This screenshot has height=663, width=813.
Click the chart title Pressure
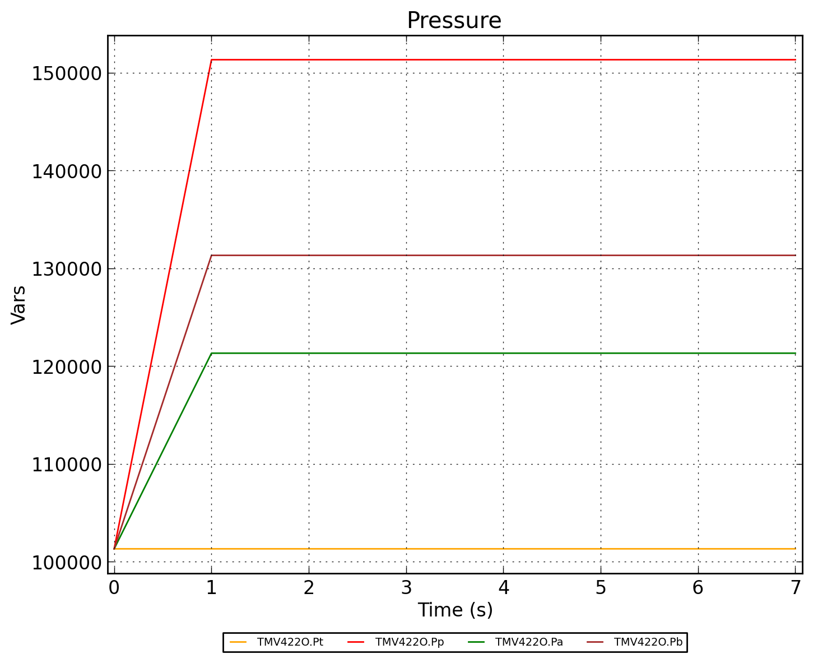click(x=454, y=21)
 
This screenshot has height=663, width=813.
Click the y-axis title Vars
click(x=18, y=304)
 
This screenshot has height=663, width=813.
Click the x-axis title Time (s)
click(x=455, y=610)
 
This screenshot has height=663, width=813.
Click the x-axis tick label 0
click(x=114, y=588)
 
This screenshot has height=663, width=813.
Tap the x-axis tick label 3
click(x=406, y=588)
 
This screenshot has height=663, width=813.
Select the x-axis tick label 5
click(x=601, y=588)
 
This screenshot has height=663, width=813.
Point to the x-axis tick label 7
click(x=795, y=588)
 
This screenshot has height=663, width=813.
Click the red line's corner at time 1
click(x=211, y=59)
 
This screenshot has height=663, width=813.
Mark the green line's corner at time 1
click(x=211, y=353)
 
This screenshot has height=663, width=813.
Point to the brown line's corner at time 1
click(x=211, y=255)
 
